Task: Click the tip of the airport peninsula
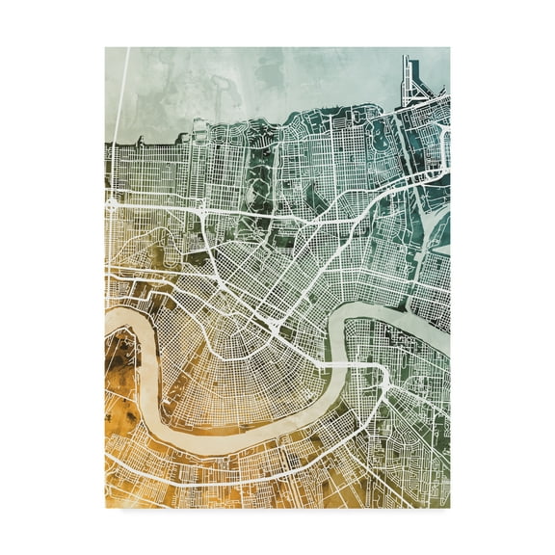pyautogui.click(x=408, y=61)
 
